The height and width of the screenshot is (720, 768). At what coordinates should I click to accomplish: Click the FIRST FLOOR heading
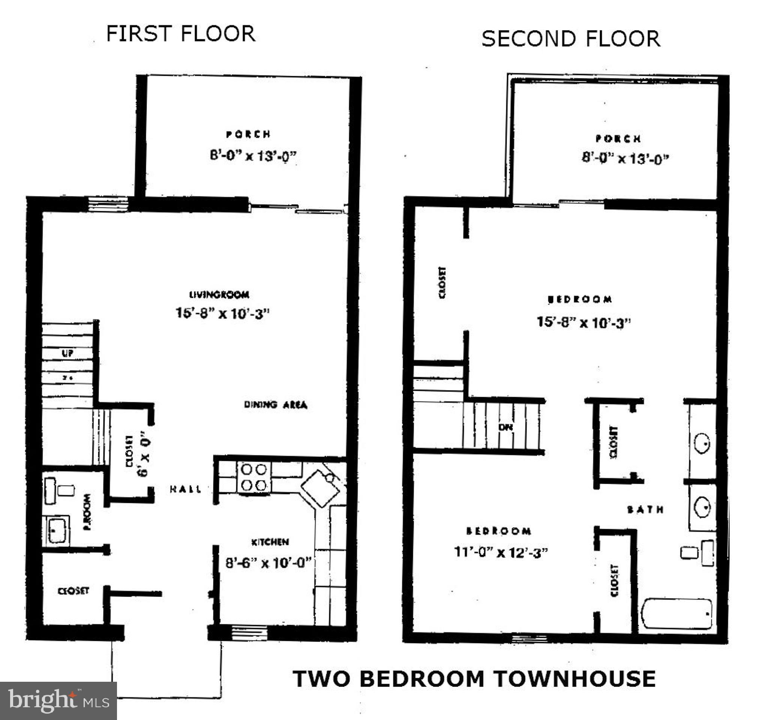coord(180,34)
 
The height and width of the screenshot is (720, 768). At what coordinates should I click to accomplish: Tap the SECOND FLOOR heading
coord(571,39)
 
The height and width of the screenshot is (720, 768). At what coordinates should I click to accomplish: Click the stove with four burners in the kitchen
coord(254,477)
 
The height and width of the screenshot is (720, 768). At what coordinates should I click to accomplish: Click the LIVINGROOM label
coord(219,295)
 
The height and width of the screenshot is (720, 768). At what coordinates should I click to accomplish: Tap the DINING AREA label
coord(276,405)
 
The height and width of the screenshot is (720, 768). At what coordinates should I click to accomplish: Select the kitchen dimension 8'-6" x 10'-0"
coord(268,563)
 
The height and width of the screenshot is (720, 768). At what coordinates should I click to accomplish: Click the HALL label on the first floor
coord(185,489)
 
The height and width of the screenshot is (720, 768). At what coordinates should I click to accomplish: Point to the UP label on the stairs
coord(67,353)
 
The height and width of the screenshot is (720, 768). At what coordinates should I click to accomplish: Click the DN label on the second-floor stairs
coord(505,427)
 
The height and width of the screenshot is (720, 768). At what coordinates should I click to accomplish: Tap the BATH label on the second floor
coord(645,510)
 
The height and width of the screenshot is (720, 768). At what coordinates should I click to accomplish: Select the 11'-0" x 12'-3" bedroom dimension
coord(501,552)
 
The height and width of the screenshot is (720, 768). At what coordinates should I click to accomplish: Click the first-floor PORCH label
coord(248,134)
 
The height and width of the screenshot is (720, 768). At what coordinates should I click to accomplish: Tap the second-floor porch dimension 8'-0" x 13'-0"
coord(625,158)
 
